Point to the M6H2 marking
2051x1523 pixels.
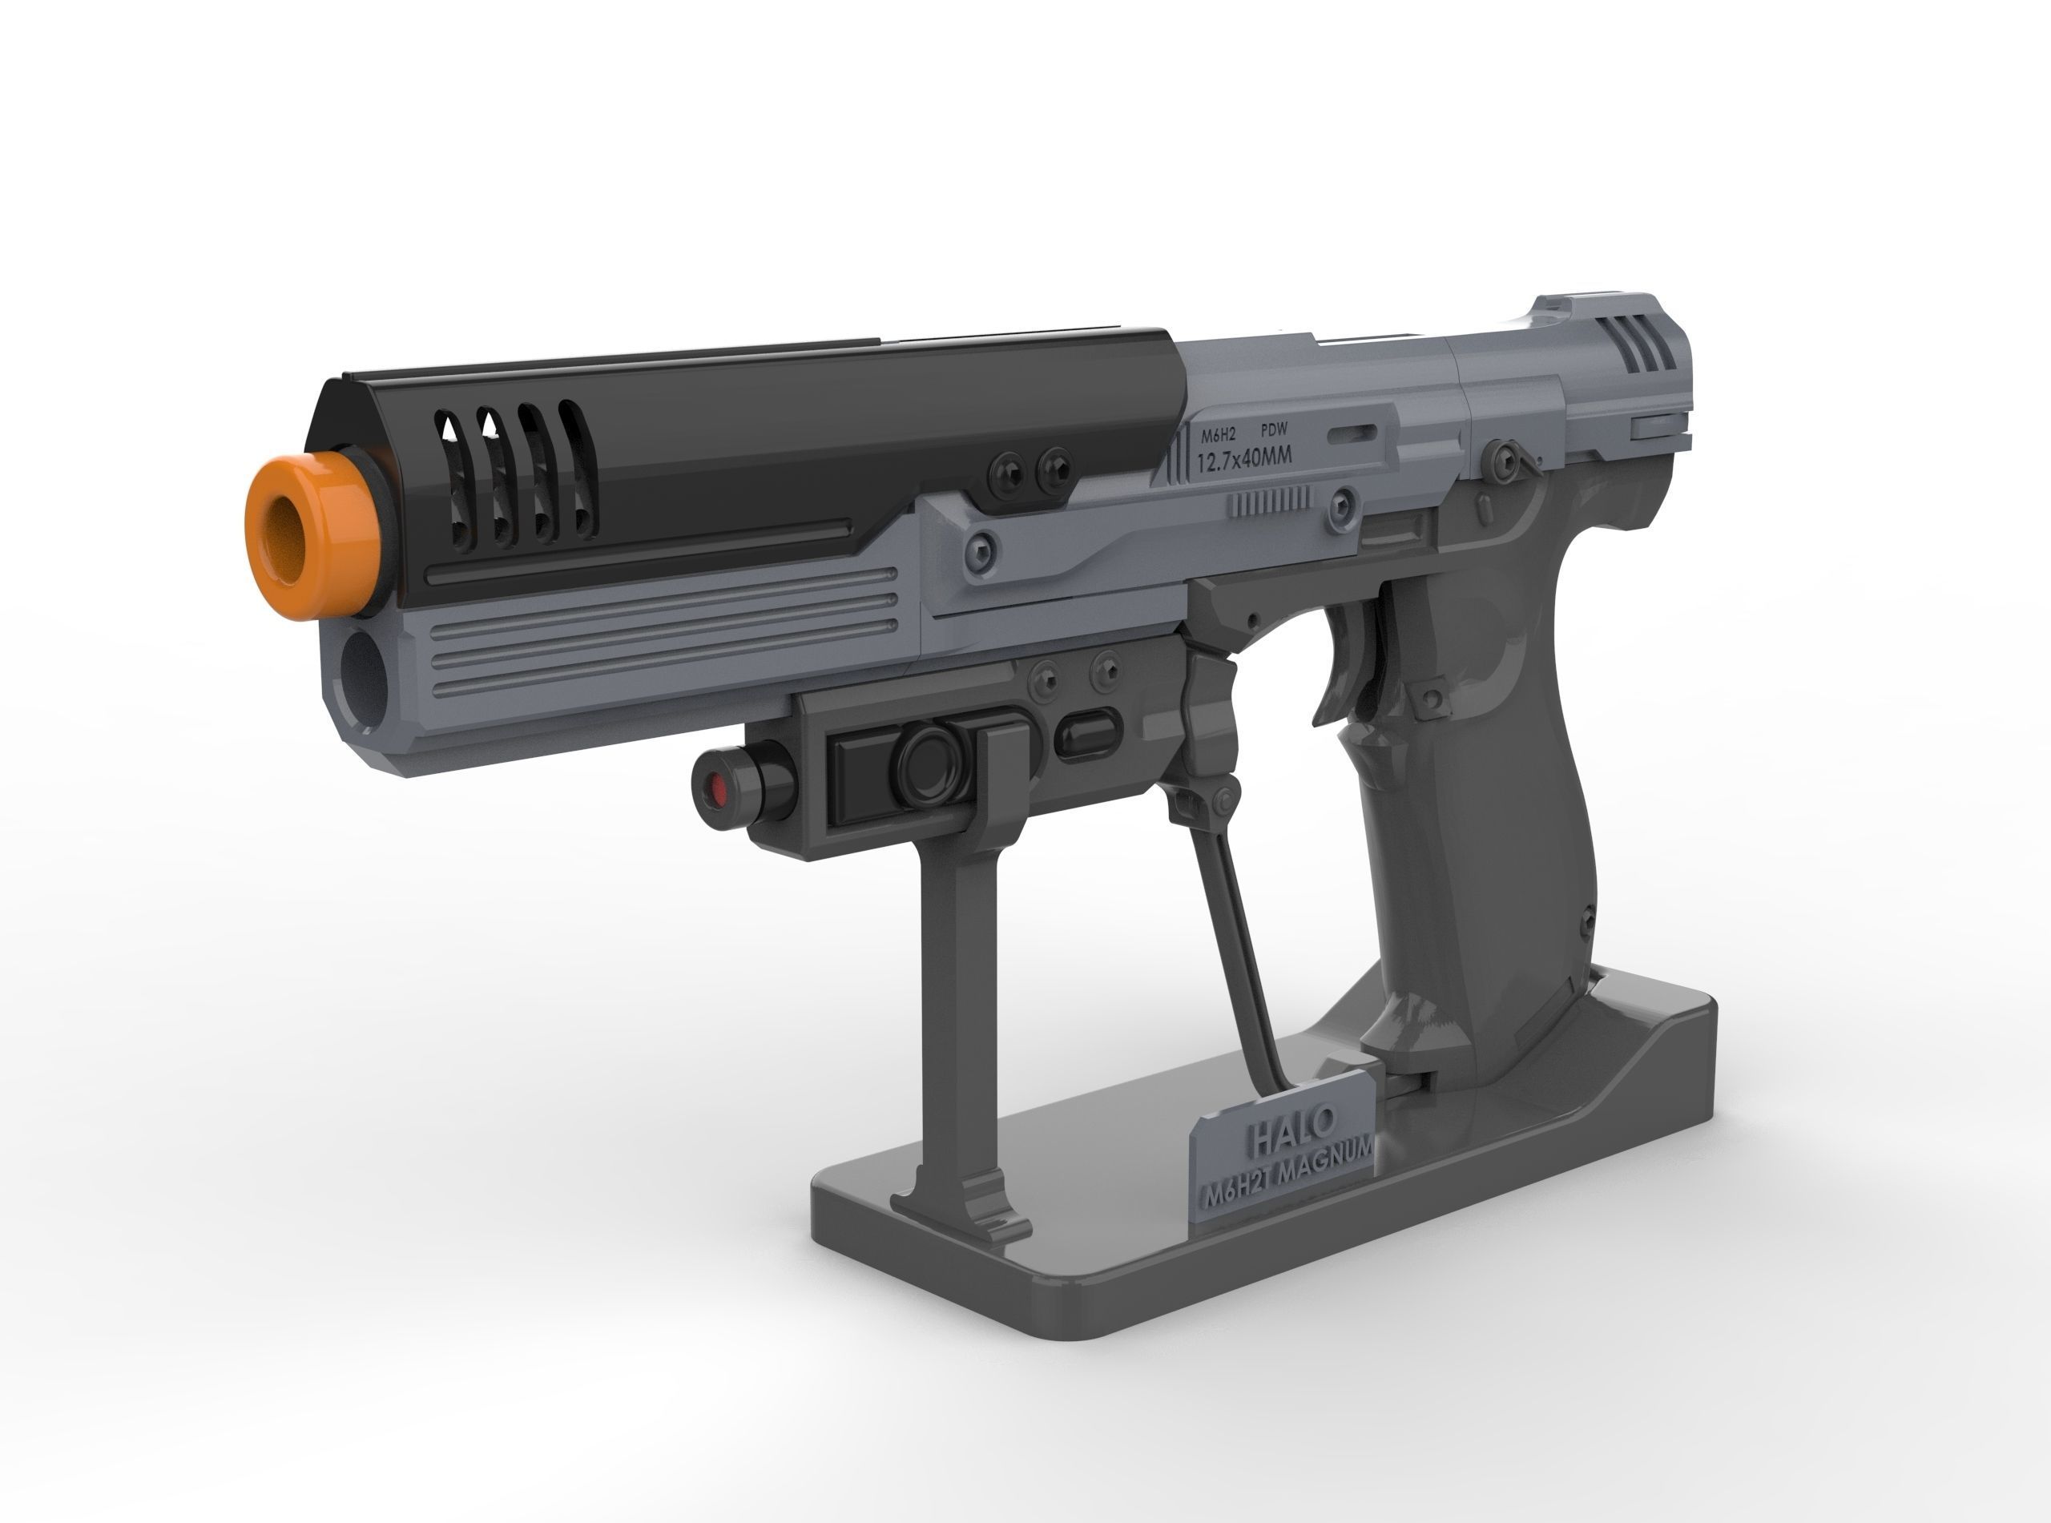[x=1218, y=435]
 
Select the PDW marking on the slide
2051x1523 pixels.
[x=1274, y=429]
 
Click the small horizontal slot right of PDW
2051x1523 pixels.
[x=1352, y=433]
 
